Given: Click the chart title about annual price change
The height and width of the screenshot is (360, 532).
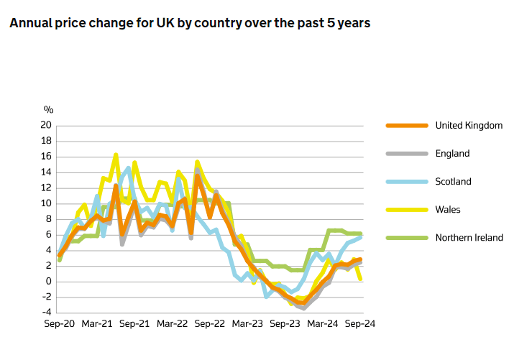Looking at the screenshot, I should [x=190, y=24].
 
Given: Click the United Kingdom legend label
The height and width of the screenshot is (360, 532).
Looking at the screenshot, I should [x=469, y=125].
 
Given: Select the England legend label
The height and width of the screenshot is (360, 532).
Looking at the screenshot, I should [x=452, y=153].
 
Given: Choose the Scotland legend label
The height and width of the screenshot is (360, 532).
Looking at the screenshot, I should [x=453, y=181].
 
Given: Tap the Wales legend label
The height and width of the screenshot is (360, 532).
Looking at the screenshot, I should [x=448, y=209].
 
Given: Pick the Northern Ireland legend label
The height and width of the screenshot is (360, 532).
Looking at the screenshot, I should [x=469, y=237].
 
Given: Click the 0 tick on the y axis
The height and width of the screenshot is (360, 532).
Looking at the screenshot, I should [x=49, y=281].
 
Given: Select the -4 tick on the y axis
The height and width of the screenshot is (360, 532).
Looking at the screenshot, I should [x=47, y=313].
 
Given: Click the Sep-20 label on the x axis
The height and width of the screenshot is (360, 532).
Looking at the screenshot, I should [x=59, y=324].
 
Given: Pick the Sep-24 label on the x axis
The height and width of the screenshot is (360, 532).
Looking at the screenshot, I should [x=359, y=324].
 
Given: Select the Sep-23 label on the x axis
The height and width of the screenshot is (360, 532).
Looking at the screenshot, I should [x=285, y=324].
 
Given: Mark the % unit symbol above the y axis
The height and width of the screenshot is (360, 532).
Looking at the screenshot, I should [x=49, y=110].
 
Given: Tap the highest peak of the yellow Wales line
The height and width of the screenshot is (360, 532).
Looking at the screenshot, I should [x=116, y=155].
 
